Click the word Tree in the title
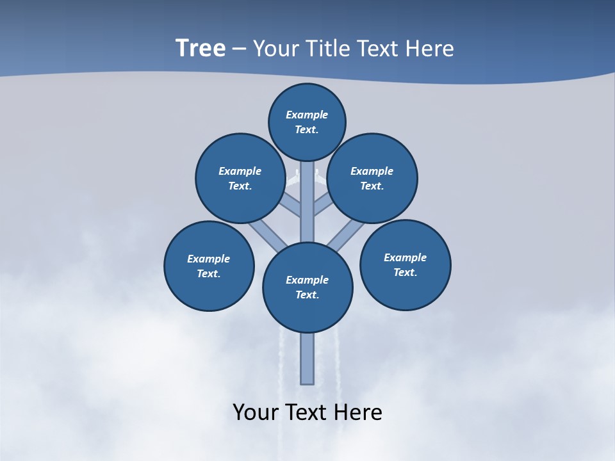(201, 49)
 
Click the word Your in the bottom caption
(255, 412)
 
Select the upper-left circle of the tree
(240, 178)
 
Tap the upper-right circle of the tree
(372, 178)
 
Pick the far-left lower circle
(209, 266)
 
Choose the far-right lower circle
(405, 265)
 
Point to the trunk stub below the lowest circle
(307, 359)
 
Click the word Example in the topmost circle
(307, 115)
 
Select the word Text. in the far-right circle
(405, 273)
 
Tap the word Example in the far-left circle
(208, 259)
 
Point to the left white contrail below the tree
(280, 371)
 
